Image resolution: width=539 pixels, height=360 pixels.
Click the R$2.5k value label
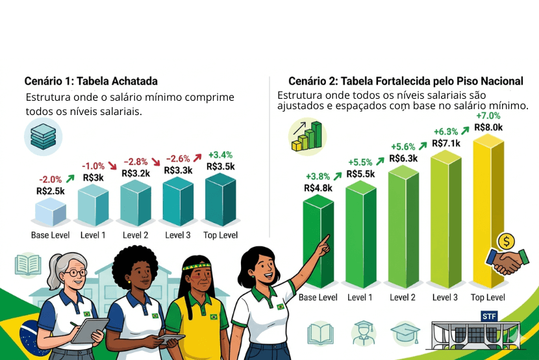pyautogui.click(x=51, y=191)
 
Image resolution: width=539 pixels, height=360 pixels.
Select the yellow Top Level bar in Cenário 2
pyautogui.click(x=487, y=208)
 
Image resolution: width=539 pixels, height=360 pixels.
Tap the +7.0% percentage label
pyautogui.click(x=488, y=116)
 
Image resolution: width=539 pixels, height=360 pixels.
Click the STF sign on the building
pyautogui.click(x=489, y=316)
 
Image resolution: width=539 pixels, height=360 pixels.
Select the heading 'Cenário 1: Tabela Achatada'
pyautogui.click(x=91, y=81)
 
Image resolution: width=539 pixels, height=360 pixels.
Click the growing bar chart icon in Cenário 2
pyautogui.click(x=306, y=135)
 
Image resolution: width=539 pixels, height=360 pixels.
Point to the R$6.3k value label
pyautogui.click(x=403, y=158)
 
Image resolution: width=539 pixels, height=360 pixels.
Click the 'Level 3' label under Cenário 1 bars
pyautogui.click(x=179, y=235)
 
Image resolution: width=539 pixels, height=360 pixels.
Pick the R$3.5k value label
pyautogui.click(x=220, y=166)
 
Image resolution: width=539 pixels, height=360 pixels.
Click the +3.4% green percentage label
pyautogui.click(x=221, y=155)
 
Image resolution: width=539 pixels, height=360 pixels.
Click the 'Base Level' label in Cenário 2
pyautogui.click(x=318, y=298)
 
